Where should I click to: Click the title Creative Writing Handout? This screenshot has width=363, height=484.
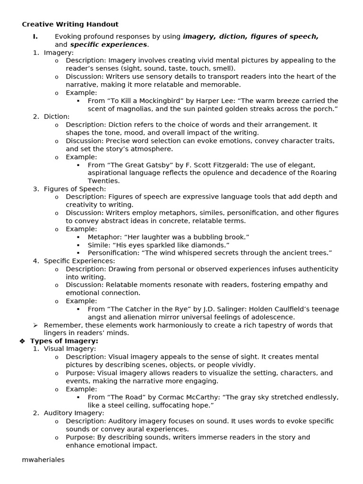(x=70, y=24)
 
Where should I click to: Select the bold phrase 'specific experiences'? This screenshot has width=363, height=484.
(x=108, y=44)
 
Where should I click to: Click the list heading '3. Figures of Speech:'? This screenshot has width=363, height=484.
(x=69, y=189)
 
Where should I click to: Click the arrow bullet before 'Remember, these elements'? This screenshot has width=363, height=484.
(x=35, y=325)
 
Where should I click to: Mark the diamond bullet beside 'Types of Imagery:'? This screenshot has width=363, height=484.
(x=22, y=341)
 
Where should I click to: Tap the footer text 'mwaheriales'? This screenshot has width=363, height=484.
(x=43, y=459)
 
